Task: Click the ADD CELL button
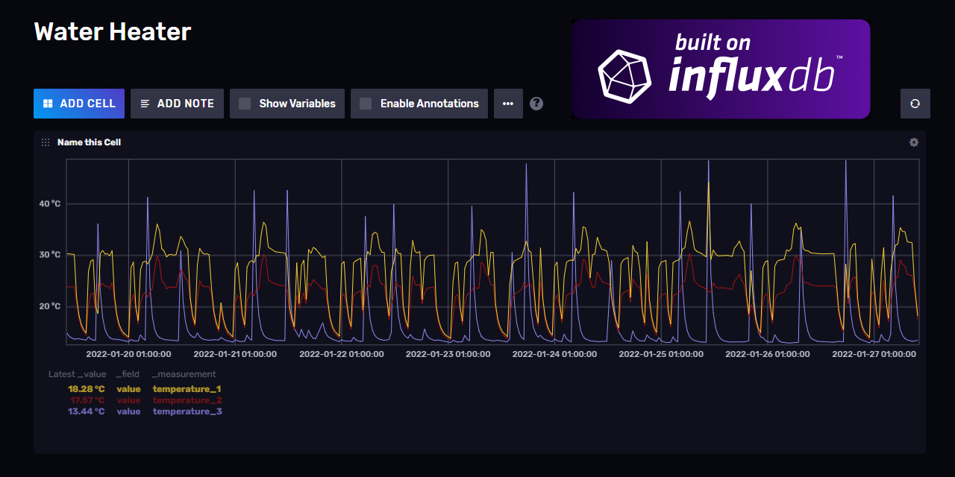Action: point(78,104)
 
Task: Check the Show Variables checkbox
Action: point(245,104)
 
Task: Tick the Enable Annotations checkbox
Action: point(366,104)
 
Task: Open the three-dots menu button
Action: point(508,104)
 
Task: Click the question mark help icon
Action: point(536,104)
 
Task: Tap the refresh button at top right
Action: point(915,104)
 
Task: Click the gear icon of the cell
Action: point(914,142)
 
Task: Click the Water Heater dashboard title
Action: point(113,32)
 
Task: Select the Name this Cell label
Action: point(89,142)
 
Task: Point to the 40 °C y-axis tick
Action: point(50,204)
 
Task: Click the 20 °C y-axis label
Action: point(50,306)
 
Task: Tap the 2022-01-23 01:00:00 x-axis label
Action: point(448,354)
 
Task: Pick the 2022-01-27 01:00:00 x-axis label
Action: point(874,354)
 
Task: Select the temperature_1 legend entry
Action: point(187,389)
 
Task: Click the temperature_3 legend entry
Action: point(187,411)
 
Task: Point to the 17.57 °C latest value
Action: point(87,400)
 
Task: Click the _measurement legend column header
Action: point(184,374)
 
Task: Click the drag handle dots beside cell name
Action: point(46,142)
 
